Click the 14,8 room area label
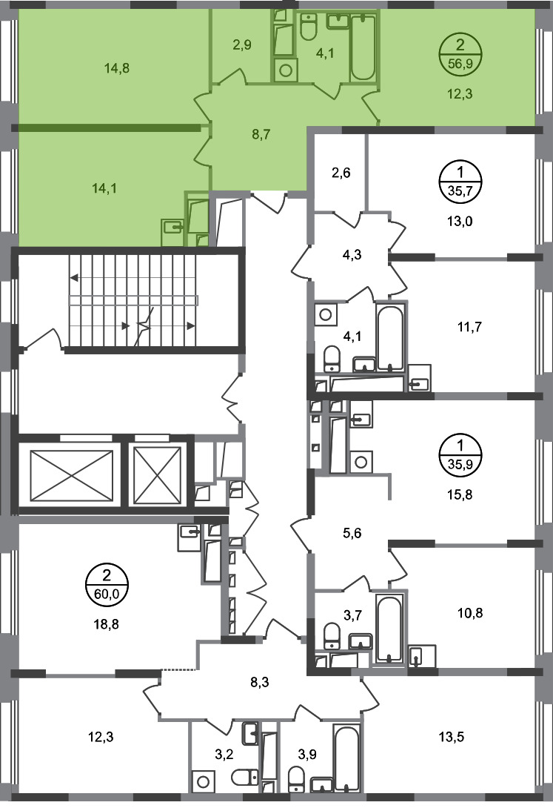pyautogui.click(x=117, y=68)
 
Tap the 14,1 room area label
pyautogui.click(x=104, y=188)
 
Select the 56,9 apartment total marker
pyautogui.click(x=460, y=54)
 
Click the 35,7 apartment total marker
pyautogui.click(x=460, y=182)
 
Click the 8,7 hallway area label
pyautogui.click(x=261, y=135)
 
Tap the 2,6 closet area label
pyautogui.click(x=341, y=173)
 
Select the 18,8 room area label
pyautogui.click(x=107, y=625)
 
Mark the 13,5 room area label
pyautogui.click(x=451, y=737)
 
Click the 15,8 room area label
pyautogui.click(x=460, y=494)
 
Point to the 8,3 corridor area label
pyautogui.click(x=260, y=682)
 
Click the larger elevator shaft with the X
pyautogui.click(x=72, y=475)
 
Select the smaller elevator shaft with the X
pyautogui.click(x=158, y=475)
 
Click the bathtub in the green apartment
pyautogui.click(x=363, y=47)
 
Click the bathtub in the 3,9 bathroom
pyautogui.click(x=346, y=758)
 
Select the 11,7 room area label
pyautogui.click(x=469, y=327)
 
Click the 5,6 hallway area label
pyautogui.click(x=352, y=533)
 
